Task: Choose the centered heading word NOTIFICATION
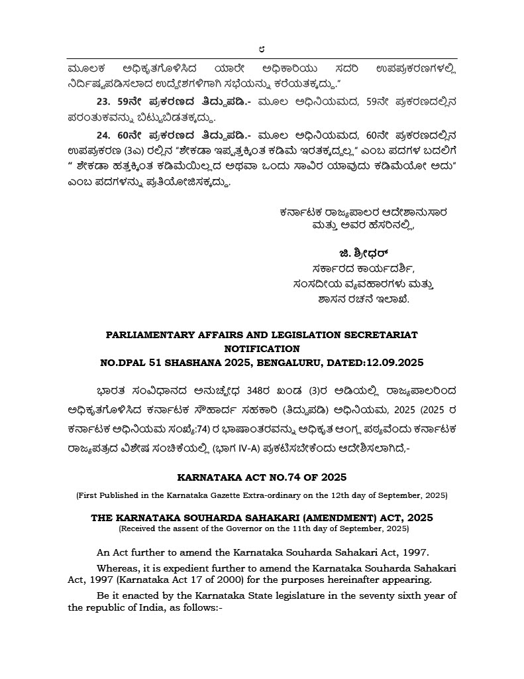pyautogui.click(x=262, y=348)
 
